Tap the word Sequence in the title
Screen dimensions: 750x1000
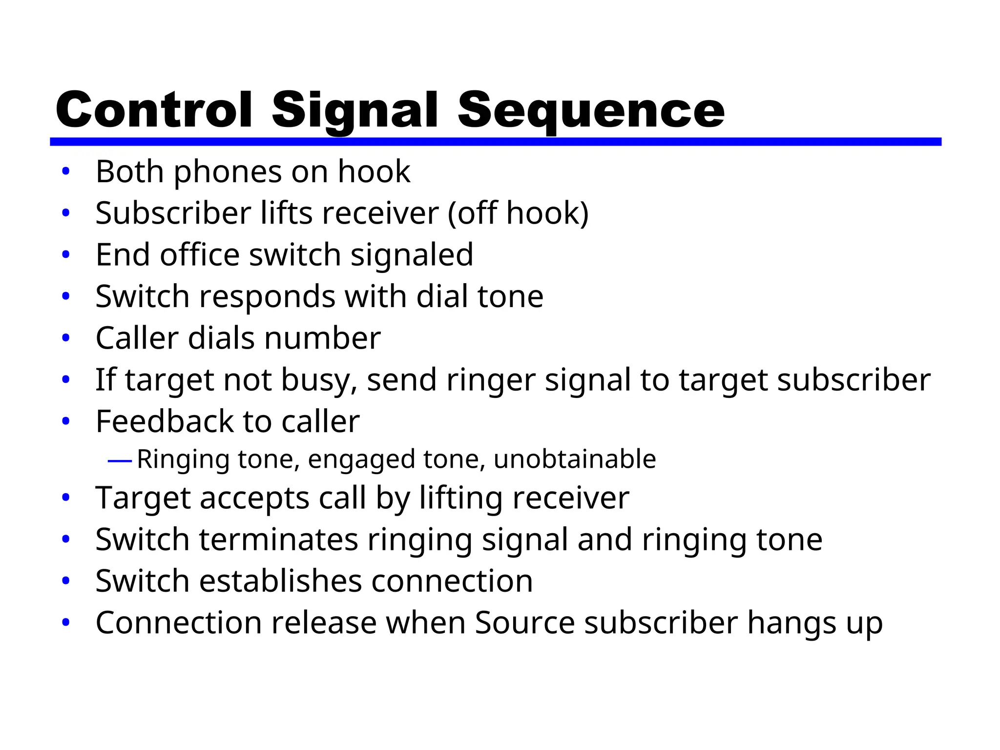click(x=591, y=111)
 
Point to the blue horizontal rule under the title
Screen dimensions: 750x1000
click(x=495, y=142)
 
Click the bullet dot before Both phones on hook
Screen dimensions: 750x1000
click(x=66, y=171)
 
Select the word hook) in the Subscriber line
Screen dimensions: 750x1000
click(x=547, y=213)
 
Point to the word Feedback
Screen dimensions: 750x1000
click(x=164, y=421)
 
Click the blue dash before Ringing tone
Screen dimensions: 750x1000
click(x=120, y=460)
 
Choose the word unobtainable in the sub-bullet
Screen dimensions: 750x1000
click(x=575, y=459)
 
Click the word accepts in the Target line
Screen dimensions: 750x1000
click(x=254, y=499)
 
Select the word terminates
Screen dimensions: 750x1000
click(x=279, y=540)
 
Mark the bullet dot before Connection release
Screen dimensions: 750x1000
click(x=66, y=623)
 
